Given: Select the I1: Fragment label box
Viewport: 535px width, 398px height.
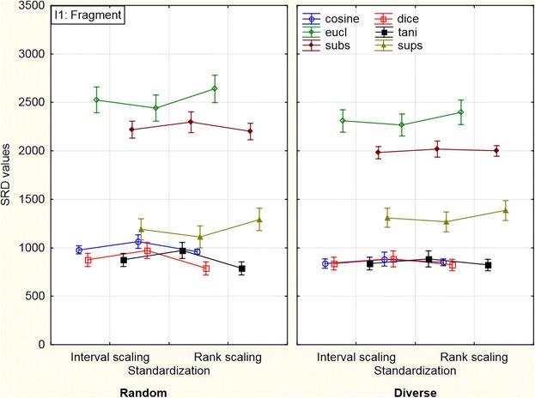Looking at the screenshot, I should [x=88, y=15].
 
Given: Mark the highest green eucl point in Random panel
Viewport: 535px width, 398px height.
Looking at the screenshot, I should [x=215, y=88].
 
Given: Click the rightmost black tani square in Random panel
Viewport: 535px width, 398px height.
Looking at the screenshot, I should [x=242, y=268].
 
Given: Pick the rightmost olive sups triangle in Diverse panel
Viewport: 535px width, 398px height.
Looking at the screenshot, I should [x=506, y=210].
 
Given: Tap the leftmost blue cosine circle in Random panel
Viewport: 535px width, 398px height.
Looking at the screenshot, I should [x=79, y=250].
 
